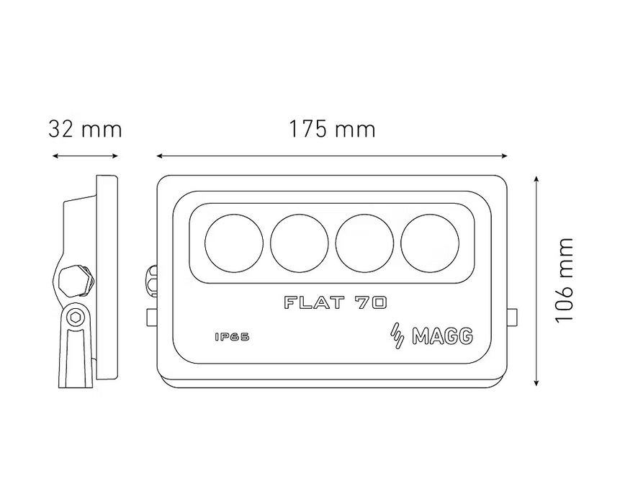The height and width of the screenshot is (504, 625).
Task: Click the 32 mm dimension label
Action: click(x=85, y=130)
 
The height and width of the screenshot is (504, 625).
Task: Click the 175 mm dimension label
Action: click(x=332, y=130)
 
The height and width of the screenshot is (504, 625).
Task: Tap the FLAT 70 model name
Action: click(x=336, y=302)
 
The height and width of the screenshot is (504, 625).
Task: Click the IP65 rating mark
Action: click(x=232, y=337)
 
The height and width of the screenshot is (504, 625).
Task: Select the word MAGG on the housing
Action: click(x=443, y=336)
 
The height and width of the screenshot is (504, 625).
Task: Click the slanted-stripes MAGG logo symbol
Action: click(x=397, y=336)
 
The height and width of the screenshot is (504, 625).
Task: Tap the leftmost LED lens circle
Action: click(x=234, y=243)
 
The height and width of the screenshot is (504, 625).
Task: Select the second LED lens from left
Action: click(x=300, y=243)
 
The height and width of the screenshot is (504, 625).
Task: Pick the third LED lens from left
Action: click(x=365, y=243)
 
